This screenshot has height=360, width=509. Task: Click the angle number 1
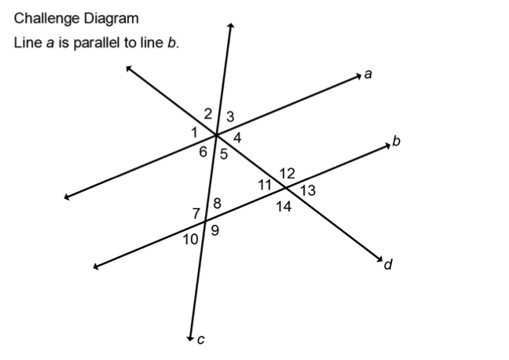[195, 133]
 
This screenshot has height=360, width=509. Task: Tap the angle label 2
[208, 114]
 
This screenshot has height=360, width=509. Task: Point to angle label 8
[217, 204]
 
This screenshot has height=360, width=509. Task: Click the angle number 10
[190, 240]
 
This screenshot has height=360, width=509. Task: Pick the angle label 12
[287, 174]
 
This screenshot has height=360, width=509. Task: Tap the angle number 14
[284, 206]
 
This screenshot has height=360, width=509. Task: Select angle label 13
[308, 190]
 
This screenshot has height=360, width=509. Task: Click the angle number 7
[196, 214]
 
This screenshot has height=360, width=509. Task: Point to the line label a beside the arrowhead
[368, 75]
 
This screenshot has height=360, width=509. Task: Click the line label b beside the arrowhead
[397, 141]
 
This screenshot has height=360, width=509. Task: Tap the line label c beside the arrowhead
[201, 340]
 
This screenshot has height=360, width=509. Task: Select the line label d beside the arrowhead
[388, 264]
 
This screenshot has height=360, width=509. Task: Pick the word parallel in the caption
[97, 43]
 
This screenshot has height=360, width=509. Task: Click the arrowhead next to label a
[358, 76]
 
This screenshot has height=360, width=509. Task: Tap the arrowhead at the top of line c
[231, 26]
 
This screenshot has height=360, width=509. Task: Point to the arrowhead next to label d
[380, 259]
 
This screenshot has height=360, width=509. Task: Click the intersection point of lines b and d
[286, 188]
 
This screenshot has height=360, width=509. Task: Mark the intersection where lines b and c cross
[206, 221]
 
